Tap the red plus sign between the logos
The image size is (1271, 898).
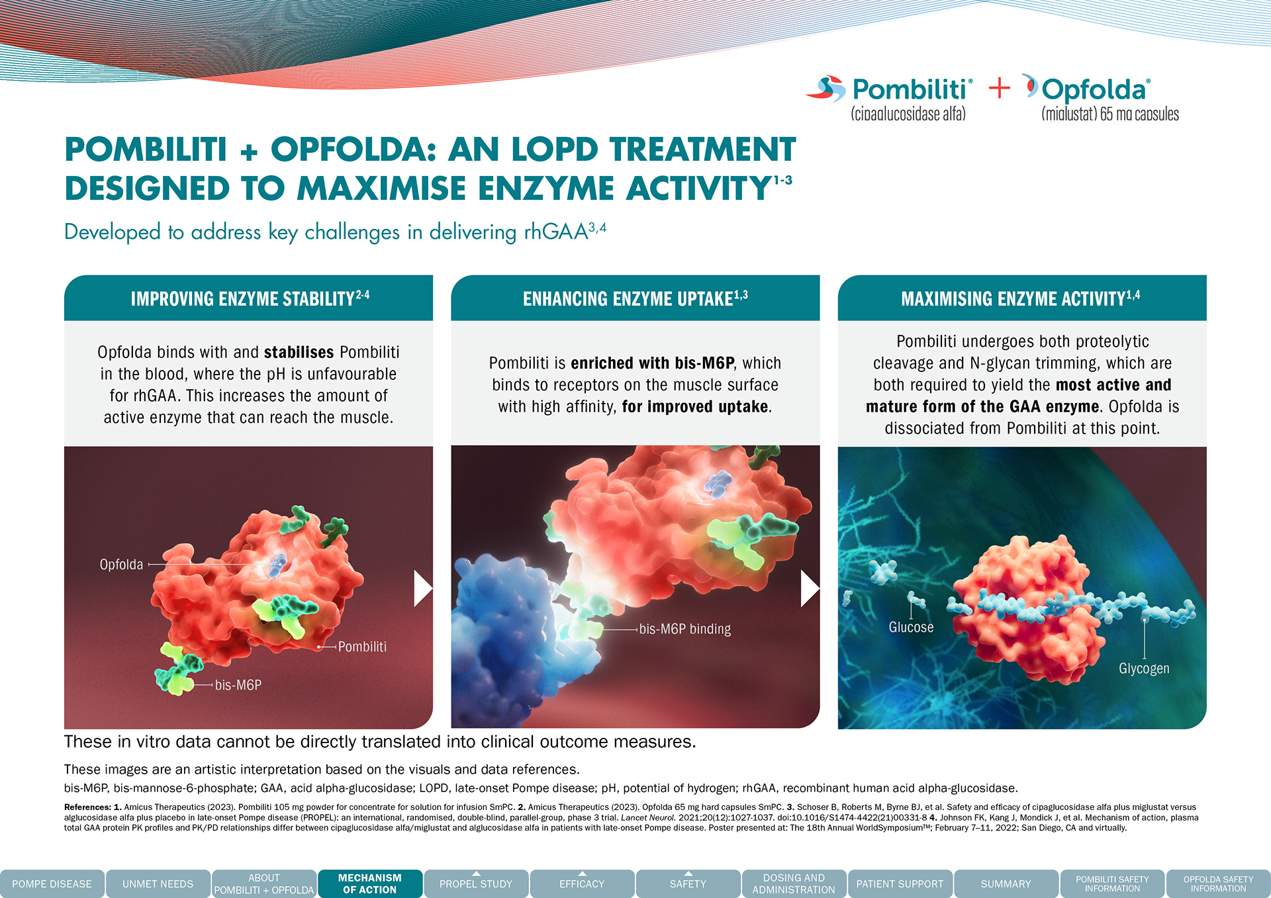tap(999, 88)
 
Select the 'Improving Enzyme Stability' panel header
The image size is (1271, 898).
tap(248, 298)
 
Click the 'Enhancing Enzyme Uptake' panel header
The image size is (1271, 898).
tap(635, 298)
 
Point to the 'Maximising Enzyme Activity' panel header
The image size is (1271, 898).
tap(1022, 298)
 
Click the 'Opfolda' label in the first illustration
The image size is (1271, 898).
tap(121, 564)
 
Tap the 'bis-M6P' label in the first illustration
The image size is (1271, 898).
tap(238, 685)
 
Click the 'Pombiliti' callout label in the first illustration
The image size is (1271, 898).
tap(362, 647)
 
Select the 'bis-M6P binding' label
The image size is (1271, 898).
tap(685, 629)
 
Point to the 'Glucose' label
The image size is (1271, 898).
tap(911, 627)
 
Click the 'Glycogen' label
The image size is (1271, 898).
tap(1144, 668)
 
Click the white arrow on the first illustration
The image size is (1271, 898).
tap(422, 588)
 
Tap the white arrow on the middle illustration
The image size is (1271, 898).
tap(810, 588)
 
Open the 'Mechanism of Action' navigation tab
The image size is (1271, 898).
tap(370, 883)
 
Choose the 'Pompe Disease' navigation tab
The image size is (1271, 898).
tap(52, 883)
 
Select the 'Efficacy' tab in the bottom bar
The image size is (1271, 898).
tap(582, 883)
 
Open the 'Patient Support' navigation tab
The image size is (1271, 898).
tap(900, 883)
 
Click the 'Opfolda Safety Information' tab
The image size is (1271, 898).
tap(1218, 883)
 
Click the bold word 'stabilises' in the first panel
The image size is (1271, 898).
tap(299, 352)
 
